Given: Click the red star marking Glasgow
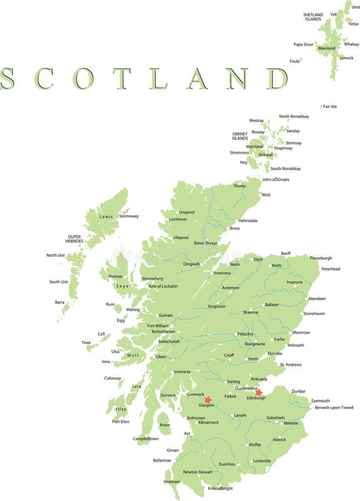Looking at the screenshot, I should (x=208, y=400).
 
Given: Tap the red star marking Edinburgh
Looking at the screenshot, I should (x=259, y=392).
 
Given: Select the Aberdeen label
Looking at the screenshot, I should (x=317, y=299).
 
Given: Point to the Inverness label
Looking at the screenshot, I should (x=221, y=273).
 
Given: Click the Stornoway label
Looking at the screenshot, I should (x=129, y=216).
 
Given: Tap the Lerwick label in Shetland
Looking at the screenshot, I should (x=346, y=58).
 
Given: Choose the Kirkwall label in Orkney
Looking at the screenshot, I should (x=266, y=155).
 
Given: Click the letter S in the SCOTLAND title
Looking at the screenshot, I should (x=7, y=78).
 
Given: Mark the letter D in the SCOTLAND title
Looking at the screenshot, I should (x=277, y=78).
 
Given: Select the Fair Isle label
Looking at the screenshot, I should (x=329, y=106).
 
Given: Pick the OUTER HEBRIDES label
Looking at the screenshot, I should (x=74, y=239).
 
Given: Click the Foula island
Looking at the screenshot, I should (x=301, y=60).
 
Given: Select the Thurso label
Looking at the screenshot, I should (x=239, y=186).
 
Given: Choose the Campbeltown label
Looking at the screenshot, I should (x=146, y=439).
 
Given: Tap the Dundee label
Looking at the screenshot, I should (x=274, y=353).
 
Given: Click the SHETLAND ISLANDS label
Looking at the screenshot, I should (x=313, y=17).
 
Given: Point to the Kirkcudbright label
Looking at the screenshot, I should (x=220, y=488).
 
